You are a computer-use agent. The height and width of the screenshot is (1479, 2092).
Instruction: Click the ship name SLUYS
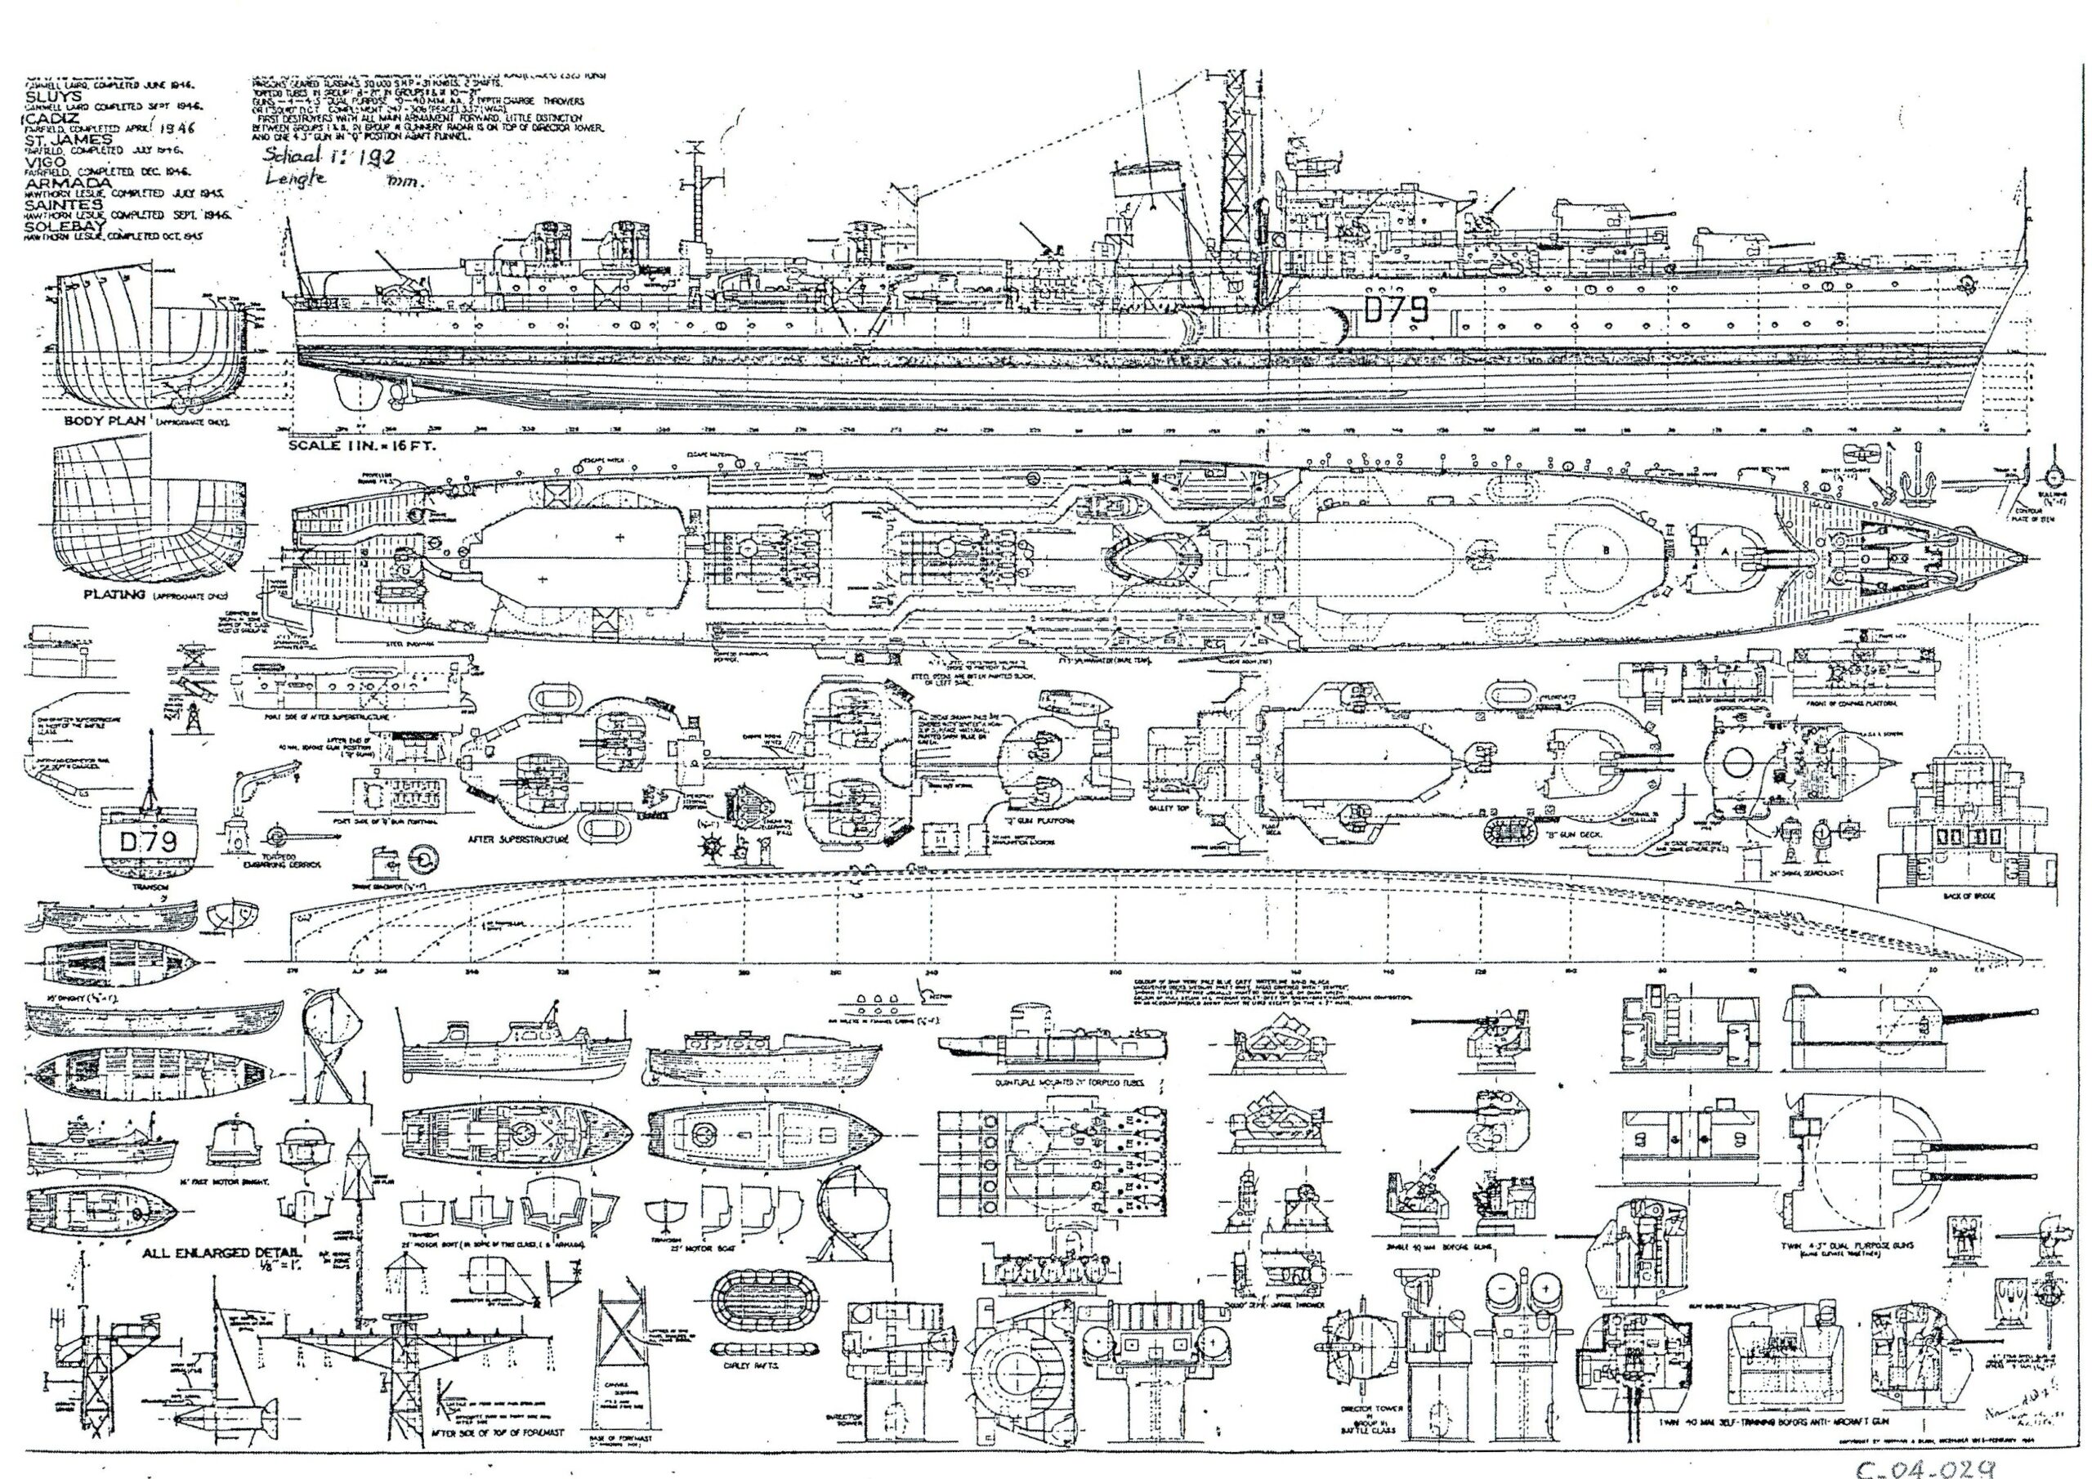[56, 96]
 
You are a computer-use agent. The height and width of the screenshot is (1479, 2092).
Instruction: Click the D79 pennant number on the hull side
[1395, 311]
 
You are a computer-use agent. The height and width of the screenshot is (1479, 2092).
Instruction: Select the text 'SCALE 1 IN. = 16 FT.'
[363, 446]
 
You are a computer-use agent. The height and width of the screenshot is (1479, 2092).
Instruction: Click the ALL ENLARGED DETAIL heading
[208, 1254]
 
